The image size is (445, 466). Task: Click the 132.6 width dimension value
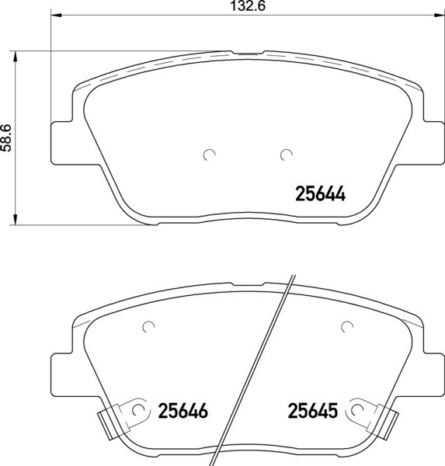point(248,6)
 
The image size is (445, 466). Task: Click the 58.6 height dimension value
point(6,137)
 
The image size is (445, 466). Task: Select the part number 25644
point(321,194)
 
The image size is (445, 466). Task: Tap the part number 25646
point(183,411)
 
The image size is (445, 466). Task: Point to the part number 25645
point(313,411)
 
